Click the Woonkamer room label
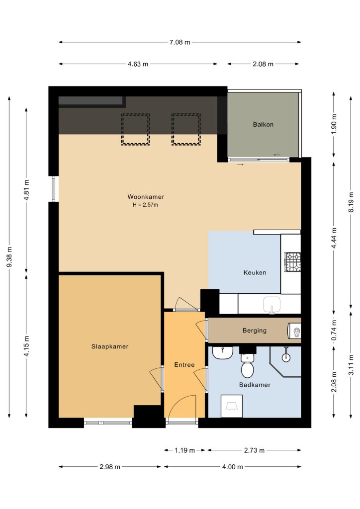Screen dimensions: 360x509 click(x=146, y=197)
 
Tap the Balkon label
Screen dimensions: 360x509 click(x=263, y=124)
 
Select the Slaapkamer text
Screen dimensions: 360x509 click(x=110, y=346)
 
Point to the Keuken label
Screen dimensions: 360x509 click(x=255, y=273)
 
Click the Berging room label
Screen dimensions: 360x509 click(x=255, y=331)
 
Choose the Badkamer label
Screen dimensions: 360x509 click(x=255, y=385)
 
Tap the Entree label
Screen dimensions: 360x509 click(x=184, y=365)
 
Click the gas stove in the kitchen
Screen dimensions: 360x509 click(x=292, y=262)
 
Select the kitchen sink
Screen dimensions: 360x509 click(x=271, y=305)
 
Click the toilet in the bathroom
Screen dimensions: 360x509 click(x=247, y=366)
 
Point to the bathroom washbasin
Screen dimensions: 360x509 click(x=223, y=353)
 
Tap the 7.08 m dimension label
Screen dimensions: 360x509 click(x=180, y=42)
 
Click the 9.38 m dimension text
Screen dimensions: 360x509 click(x=9, y=257)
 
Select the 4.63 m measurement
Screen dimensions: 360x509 click(x=138, y=64)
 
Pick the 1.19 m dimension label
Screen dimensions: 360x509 click(x=184, y=450)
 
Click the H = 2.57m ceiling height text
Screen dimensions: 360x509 click(x=145, y=205)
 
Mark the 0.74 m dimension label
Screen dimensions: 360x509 click(x=334, y=331)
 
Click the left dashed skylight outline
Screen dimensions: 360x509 click(x=135, y=129)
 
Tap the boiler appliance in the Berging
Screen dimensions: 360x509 click(x=294, y=331)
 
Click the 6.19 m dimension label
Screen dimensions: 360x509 click(x=351, y=202)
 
